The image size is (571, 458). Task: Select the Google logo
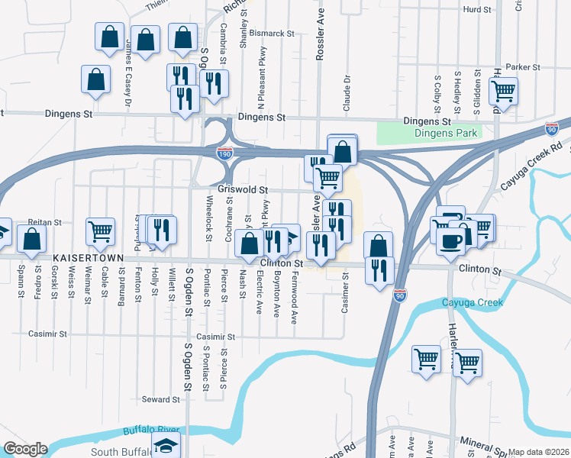pyautogui.click(x=24, y=449)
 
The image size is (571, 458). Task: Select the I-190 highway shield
pyautogui.click(x=224, y=153)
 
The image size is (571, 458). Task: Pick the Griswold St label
pyautogui.click(x=243, y=189)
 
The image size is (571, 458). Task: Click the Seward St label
pyautogui.click(x=160, y=399)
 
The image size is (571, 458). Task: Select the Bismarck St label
pyautogui.click(x=276, y=34)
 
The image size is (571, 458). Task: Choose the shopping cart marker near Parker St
pyautogui.click(x=504, y=92)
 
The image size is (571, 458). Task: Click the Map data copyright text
pyautogui.click(x=539, y=452)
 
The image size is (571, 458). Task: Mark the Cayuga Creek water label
pyautogui.click(x=473, y=303)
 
